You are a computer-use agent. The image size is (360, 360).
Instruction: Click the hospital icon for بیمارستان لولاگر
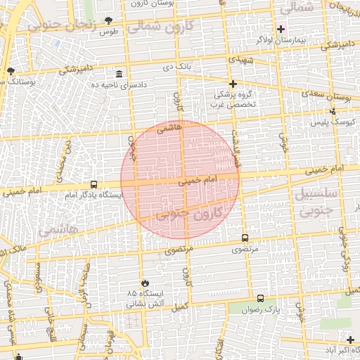(281, 29)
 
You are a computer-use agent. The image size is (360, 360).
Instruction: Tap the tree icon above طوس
(108, 21)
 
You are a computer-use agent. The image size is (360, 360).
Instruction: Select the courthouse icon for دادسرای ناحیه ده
(119, 74)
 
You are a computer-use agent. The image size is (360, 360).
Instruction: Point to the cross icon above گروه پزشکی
(233, 84)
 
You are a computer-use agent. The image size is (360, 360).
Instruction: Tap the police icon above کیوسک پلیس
(333, 111)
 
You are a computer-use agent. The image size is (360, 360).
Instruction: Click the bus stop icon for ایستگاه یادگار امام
(94, 184)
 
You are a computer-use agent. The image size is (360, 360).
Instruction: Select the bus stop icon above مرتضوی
(245, 238)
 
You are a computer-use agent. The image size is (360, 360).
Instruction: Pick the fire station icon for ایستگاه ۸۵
(145, 283)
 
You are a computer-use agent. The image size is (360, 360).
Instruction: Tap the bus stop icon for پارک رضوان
(261, 298)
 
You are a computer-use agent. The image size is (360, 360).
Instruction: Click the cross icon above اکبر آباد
(350, 340)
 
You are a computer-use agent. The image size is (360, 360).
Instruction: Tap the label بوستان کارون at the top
(154, 4)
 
